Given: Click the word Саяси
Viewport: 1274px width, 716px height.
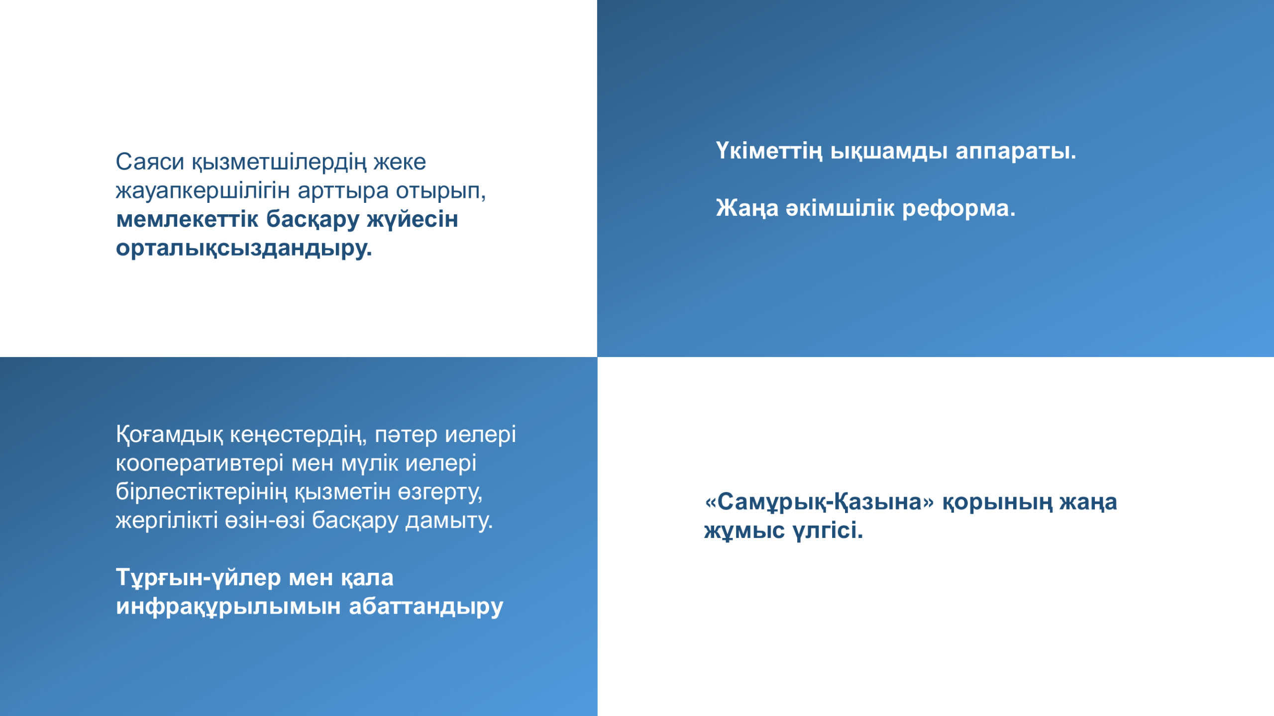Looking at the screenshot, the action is [150, 162].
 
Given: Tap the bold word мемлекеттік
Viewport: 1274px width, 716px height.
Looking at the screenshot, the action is [187, 219].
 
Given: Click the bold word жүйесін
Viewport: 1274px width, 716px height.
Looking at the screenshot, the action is [413, 220].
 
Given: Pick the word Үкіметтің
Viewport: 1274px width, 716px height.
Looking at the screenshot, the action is [769, 151].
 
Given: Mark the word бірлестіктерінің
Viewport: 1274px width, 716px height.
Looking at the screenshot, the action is [202, 492].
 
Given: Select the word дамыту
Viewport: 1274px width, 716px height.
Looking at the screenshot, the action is [449, 521].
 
